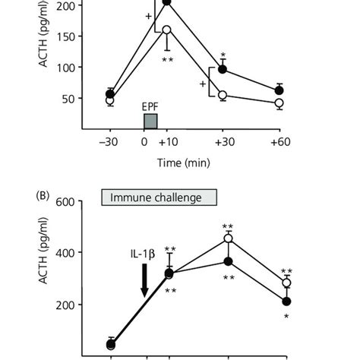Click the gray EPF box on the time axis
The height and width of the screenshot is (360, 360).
coord(150,121)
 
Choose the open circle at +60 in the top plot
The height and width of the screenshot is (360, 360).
coord(279,103)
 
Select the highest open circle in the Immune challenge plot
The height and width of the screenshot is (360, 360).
coord(226,238)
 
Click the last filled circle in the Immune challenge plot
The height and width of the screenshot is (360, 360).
coord(286,302)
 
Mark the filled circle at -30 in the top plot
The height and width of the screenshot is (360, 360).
coord(110,93)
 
